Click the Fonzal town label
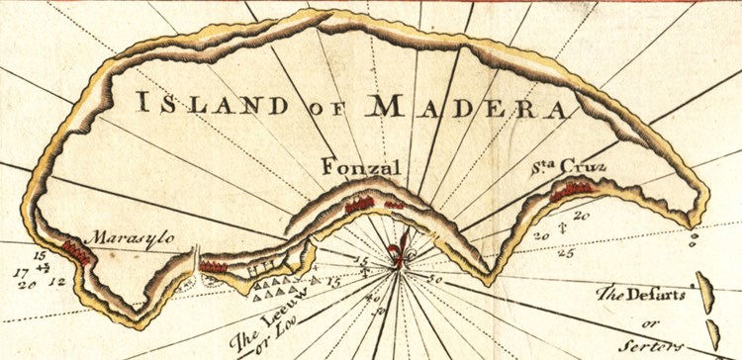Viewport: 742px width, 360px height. [x=362, y=168]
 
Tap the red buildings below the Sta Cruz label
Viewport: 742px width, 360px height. [x=572, y=192]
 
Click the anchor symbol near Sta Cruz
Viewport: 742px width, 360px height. [x=561, y=228]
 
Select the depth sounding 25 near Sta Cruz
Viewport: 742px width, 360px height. [x=565, y=253]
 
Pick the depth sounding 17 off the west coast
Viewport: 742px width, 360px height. [x=19, y=270]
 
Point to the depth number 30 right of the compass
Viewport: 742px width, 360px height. [x=432, y=281]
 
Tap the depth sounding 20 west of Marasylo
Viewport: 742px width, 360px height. [x=26, y=285]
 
